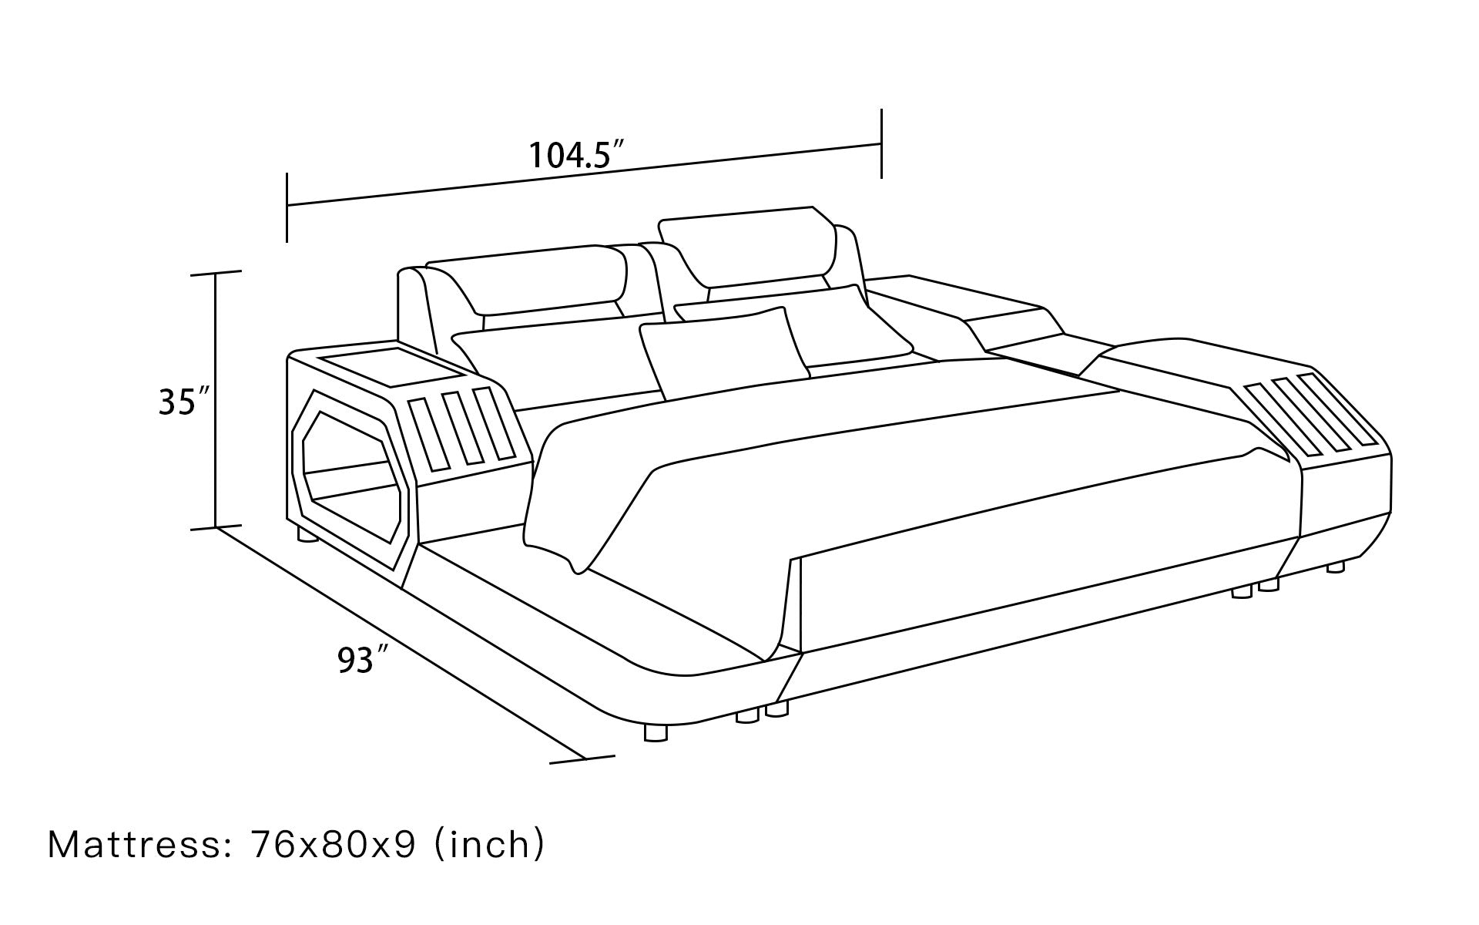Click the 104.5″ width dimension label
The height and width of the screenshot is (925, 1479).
(x=575, y=156)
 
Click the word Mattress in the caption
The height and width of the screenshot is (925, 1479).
(x=136, y=845)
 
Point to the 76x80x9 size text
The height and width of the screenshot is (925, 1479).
(x=333, y=845)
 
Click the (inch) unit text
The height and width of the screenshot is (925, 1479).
(x=490, y=845)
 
